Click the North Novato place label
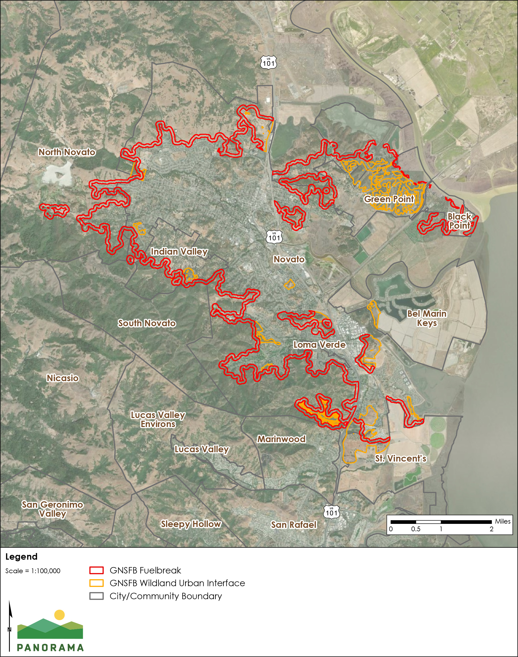click(x=67, y=152)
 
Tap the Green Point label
click(x=389, y=199)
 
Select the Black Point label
click(x=459, y=221)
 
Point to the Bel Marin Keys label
click(x=427, y=318)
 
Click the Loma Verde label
click(x=319, y=345)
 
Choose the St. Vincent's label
click(x=401, y=459)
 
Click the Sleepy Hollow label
click(x=191, y=524)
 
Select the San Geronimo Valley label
click(x=53, y=509)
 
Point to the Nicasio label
click(x=62, y=378)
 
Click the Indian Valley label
click(x=179, y=251)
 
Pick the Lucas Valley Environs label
click(x=158, y=419)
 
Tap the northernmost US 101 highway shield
click(x=268, y=62)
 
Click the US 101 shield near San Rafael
click(x=331, y=512)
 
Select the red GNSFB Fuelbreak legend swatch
click(x=96, y=570)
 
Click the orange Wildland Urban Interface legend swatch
click(x=96, y=583)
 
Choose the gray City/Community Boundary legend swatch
click(x=96, y=596)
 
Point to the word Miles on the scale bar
click(x=503, y=521)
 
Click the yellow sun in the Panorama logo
click(x=59, y=615)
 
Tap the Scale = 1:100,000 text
click(x=33, y=571)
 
